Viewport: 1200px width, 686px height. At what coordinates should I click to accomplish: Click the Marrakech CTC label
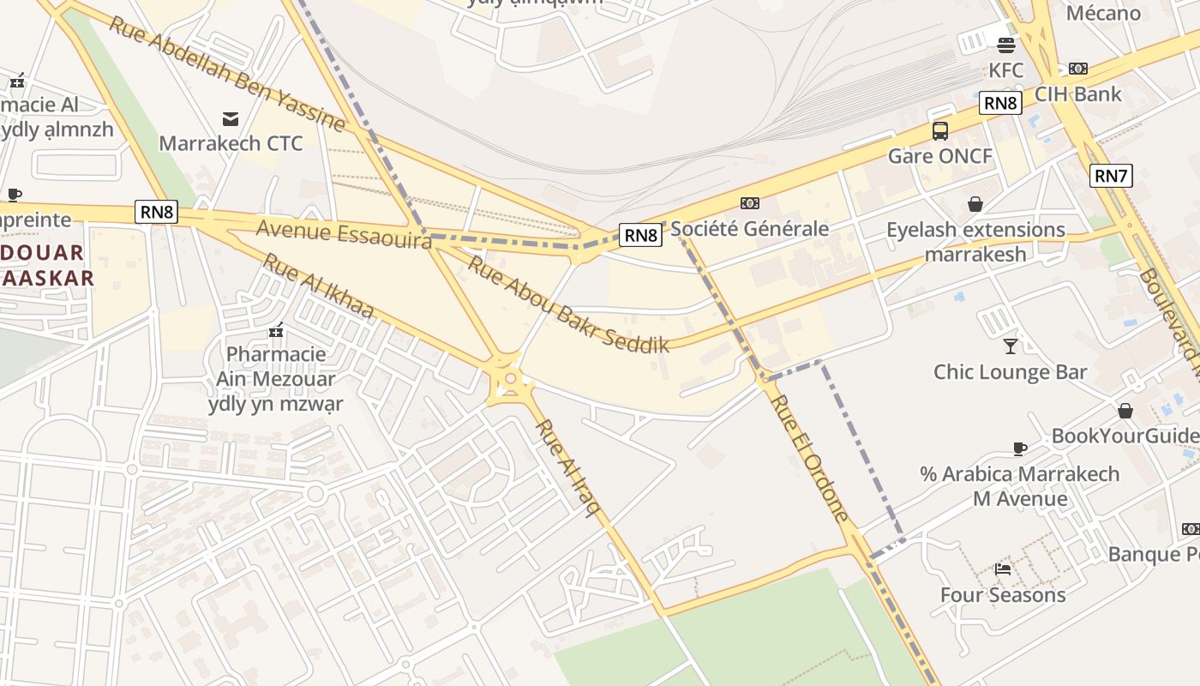point(231,143)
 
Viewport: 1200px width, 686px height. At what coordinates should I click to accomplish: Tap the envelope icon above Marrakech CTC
point(231,118)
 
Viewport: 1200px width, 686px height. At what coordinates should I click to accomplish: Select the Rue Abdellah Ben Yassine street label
point(226,74)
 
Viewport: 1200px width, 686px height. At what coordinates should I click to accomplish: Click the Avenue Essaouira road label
point(344,234)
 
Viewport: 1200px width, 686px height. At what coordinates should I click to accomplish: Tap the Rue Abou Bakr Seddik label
point(567,304)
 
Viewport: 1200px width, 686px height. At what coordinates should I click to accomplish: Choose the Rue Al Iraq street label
point(568,468)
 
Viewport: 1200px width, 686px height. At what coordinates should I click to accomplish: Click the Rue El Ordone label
point(808,458)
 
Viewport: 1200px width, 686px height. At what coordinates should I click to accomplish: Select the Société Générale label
point(749,228)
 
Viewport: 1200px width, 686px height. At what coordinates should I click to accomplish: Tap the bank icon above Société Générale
point(750,203)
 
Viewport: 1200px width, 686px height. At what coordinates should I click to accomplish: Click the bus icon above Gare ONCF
point(940,131)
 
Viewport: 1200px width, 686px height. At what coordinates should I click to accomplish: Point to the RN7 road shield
point(1111,177)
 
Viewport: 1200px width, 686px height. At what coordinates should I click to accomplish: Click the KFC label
point(1006,69)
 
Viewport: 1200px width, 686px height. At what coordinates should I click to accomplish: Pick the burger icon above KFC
point(1006,45)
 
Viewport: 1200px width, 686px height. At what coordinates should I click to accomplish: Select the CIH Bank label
point(1077,93)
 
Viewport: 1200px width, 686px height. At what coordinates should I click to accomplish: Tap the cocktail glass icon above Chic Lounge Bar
point(1011,346)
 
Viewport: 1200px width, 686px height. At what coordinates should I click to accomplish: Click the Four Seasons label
point(1003,595)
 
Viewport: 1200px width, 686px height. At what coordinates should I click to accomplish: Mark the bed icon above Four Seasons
point(1003,569)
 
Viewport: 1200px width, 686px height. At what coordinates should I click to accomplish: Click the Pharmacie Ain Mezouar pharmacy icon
point(276,329)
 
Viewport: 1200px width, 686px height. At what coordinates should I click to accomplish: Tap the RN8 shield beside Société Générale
point(641,235)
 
